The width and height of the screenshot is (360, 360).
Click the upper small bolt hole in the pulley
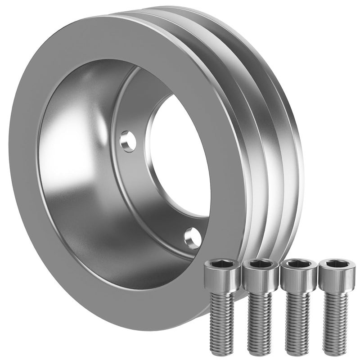coord(128,141)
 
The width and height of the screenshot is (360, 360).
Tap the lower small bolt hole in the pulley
coord(193,237)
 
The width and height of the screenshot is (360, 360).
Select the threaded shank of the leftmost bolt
coord(223,319)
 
